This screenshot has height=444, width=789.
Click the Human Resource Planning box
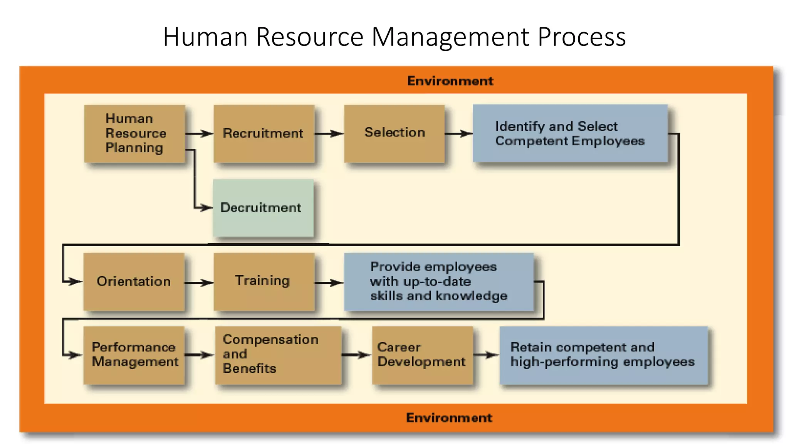coord(134,133)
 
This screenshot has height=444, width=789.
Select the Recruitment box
coord(264,133)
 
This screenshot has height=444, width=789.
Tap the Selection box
coord(394,133)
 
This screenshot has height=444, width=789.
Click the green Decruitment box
coord(263,208)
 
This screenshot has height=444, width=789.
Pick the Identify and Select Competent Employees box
coord(570,133)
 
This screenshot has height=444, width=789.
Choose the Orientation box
coord(134,281)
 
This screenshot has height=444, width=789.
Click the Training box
coord(264,281)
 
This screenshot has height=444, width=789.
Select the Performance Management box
coord(134,355)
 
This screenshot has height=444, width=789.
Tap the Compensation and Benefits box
coord(278,355)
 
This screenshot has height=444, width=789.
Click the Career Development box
coord(422,355)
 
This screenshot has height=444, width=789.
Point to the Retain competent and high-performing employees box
coord(603,355)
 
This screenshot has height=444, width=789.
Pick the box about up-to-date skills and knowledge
coord(438,281)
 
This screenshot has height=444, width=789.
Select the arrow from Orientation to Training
coord(199,283)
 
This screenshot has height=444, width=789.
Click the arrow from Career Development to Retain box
coord(486,355)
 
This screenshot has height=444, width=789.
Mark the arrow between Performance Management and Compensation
coord(200,355)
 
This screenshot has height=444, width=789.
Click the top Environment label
coord(450,81)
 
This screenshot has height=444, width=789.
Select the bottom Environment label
coord(449,418)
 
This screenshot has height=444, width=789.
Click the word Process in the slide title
coord(581,37)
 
